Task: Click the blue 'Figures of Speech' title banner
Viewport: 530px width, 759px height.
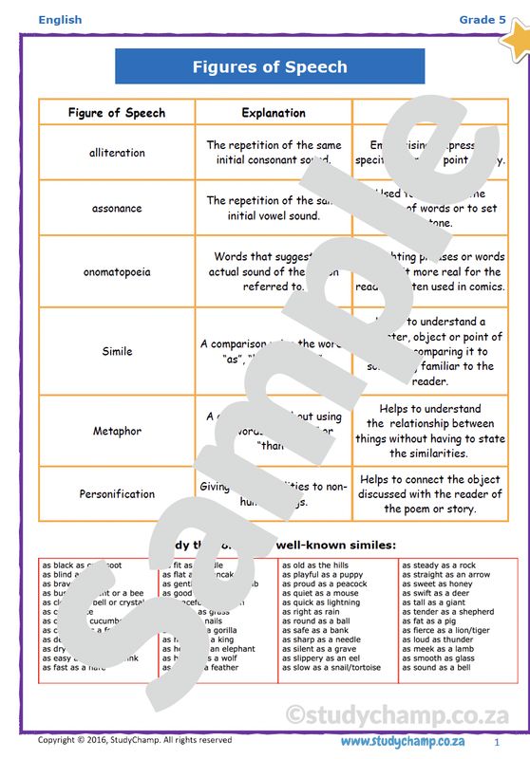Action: click(270, 67)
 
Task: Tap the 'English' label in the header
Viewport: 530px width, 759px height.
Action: click(61, 20)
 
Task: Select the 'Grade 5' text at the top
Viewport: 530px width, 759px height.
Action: click(477, 20)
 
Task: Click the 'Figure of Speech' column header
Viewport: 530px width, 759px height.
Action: click(117, 113)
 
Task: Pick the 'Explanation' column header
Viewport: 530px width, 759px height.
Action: click(274, 113)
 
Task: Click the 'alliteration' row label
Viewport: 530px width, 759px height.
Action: click(117, 153)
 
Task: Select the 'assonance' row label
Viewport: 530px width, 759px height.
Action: click(117, 208)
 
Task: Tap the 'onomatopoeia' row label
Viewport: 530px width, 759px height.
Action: click(117, 271)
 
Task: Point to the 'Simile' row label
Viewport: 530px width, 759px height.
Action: click(117, 351)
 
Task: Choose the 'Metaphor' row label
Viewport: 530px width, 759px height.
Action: click(117, 431)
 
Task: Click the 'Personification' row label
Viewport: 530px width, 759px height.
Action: click(117, 493)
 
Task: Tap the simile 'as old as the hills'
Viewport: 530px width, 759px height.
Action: click(315, 565)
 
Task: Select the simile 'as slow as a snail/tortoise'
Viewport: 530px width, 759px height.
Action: click(331, 668)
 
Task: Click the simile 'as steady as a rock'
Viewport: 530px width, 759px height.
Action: click(438, 565)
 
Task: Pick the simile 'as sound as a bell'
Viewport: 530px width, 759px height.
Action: click(436, 668)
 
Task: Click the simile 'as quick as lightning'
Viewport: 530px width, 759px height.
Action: click(321, 602)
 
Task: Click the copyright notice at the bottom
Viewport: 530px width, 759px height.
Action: click(134, 740)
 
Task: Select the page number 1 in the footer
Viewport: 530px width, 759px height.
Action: click(496, 741)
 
